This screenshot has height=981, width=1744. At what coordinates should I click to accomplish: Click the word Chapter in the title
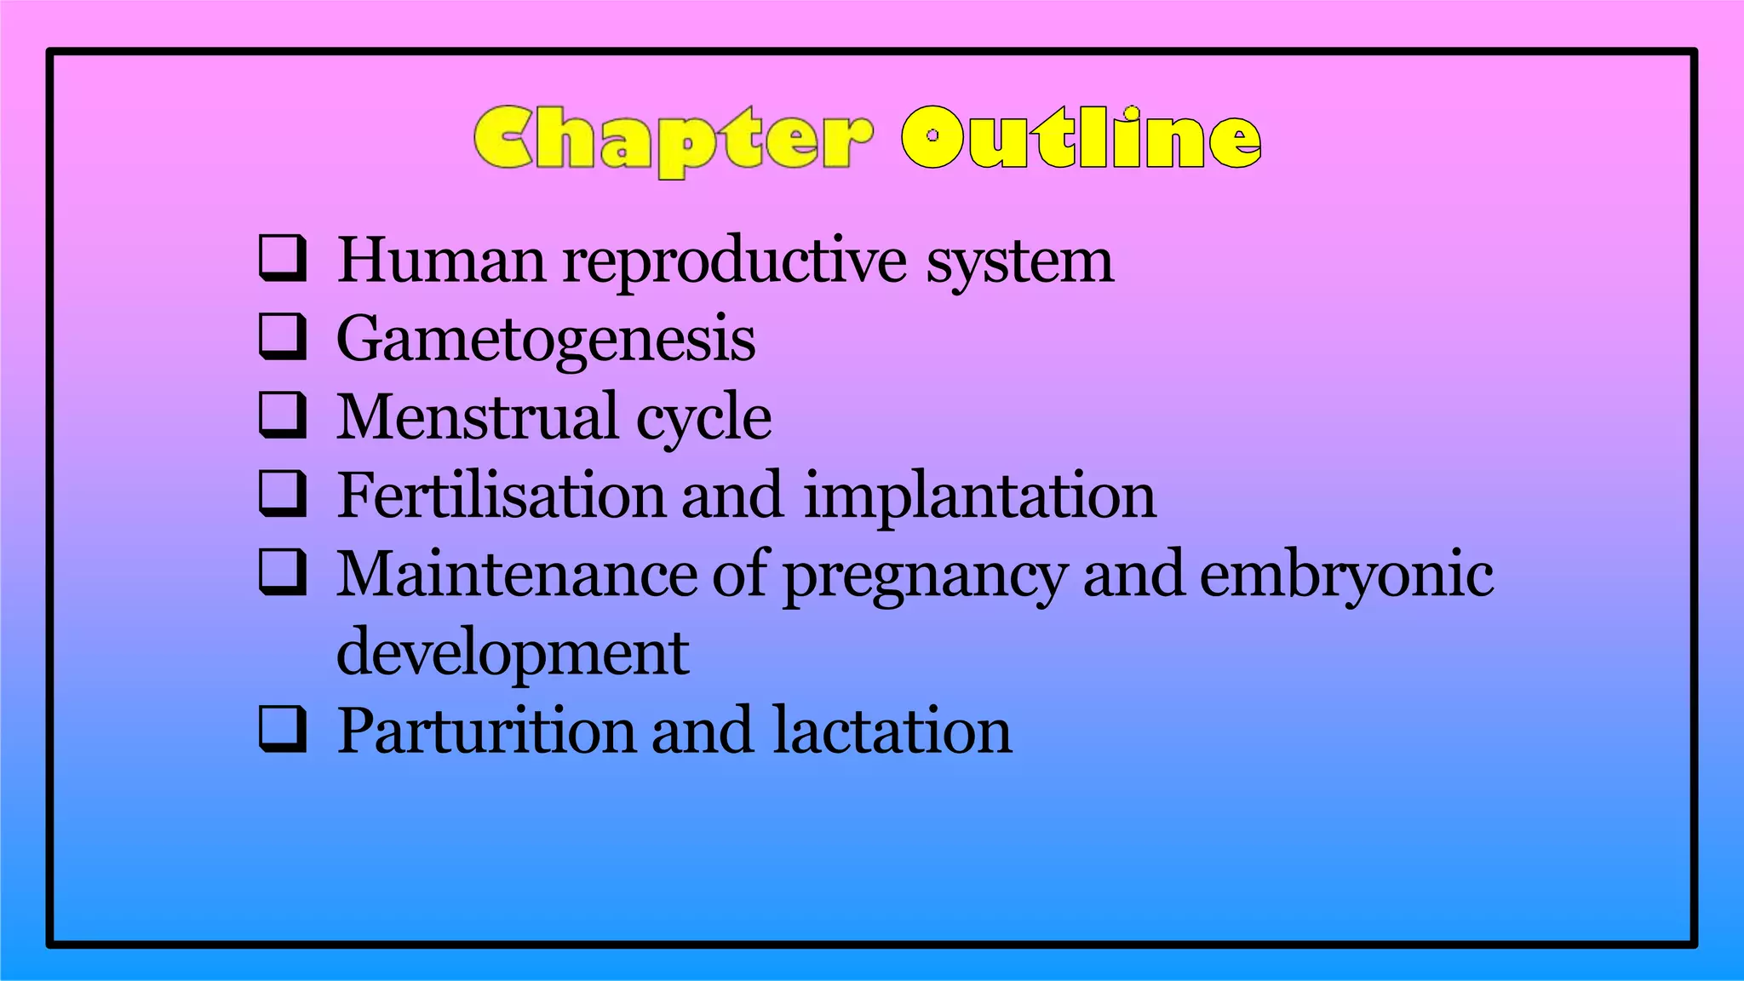tap(673, 139)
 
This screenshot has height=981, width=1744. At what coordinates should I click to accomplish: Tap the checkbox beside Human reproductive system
tap(282, 258)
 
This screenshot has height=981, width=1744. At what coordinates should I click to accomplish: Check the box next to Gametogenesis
tap(282, 336)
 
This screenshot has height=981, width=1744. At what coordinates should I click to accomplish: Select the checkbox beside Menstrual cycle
tap(282, 415)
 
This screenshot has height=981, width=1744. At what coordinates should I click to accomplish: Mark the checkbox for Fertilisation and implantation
tap(282, 494)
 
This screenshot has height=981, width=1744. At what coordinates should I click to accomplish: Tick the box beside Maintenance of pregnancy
tap(282, 572)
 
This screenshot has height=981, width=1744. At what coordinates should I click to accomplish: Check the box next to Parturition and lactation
tap(282, 729)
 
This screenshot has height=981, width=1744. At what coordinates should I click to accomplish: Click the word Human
tap(441, 260)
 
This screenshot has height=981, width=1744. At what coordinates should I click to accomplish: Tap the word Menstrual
tap(477, 417)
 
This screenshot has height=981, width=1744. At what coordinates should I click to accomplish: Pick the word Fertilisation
tap(502, 495)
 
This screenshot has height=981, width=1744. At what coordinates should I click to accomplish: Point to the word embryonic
tap(1346, 576)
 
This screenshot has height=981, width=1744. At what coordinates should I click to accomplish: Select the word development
tap(513, 654)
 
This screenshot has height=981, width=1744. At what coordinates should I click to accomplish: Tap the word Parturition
tap(486, 731)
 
